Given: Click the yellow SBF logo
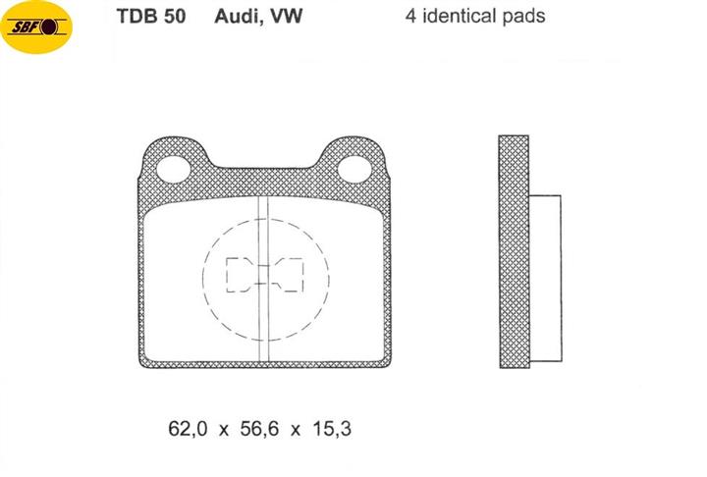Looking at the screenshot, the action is click(x=36, y=27).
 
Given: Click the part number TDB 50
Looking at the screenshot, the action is click(x=151, y=17).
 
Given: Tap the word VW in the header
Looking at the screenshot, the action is click(x=286, y=17).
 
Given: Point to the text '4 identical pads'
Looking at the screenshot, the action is click(x=475, y=17).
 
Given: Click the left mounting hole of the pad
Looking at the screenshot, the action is click(x=174, y=169).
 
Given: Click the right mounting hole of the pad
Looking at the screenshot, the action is click(x=354, y=169).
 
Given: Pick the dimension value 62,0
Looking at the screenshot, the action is click(x=188, y=428).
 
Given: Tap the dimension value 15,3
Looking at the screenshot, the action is click(x=332, y=428).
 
